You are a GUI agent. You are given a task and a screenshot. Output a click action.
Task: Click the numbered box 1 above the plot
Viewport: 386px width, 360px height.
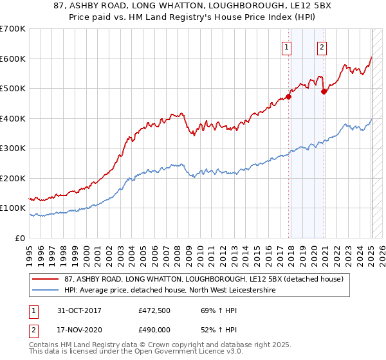point(286,46)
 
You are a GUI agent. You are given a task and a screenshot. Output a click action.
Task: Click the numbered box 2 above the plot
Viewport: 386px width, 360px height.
point(321,46)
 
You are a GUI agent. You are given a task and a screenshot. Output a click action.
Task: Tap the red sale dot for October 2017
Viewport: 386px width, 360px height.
point(289,97)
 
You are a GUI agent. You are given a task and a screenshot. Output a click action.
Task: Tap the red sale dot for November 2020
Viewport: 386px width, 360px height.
point(324,92)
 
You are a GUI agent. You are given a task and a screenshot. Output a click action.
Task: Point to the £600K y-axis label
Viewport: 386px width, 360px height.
point(13,59)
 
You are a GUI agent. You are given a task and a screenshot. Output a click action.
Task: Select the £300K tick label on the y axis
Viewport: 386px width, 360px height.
point(13,148)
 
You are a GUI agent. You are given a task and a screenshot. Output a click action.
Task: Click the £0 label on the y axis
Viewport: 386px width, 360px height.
point(21,238)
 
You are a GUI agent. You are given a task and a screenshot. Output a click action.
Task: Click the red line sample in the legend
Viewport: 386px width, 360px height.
point(46,279)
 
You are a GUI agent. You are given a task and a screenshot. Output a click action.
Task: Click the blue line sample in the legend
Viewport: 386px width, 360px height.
point(46,291)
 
